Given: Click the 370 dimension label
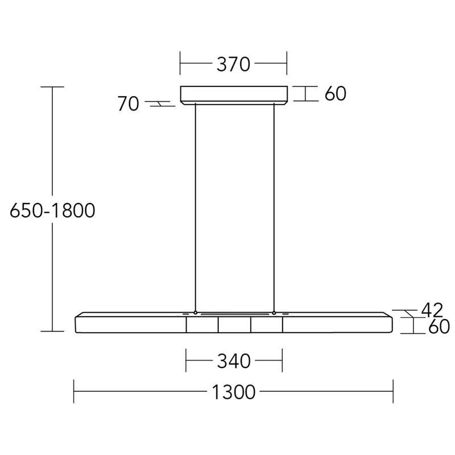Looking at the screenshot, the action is (233, 64).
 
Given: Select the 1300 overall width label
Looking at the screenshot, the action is (234, 392).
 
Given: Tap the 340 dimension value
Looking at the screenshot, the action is (234, 361).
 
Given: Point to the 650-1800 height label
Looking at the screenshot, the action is (52, 210).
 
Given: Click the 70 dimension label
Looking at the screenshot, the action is (128, 104).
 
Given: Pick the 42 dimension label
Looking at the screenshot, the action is (432, 310).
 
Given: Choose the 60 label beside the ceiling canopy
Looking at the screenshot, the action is (335, 93).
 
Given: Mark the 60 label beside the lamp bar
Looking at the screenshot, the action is (439, 326).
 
